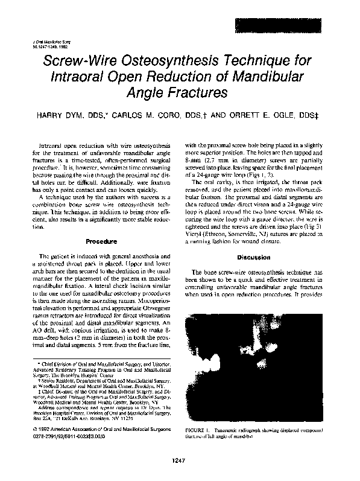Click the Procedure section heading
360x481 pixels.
pos(101,241)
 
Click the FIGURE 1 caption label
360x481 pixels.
pos(200,413)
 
